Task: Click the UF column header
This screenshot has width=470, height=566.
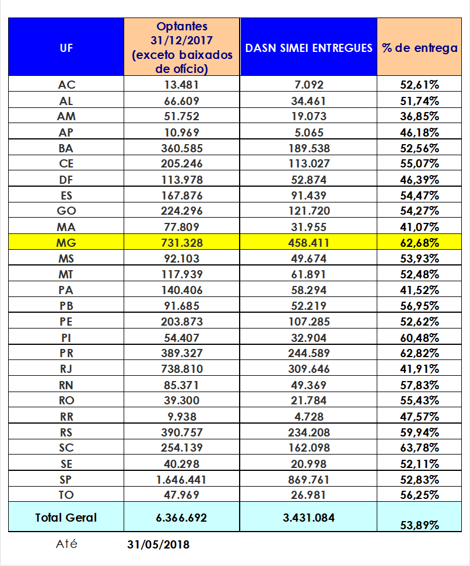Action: click(x=66, y=48)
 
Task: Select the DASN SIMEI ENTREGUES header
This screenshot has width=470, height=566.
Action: click(x=308, y=48)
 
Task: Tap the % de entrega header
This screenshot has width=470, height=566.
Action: click(x=419, y=48)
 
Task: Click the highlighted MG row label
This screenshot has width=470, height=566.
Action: click(x=66, y=242)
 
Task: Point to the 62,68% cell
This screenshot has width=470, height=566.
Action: click(x=419, y=242)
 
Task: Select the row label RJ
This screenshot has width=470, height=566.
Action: click(x=66, y=369)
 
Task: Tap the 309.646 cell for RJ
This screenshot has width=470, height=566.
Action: click(x=308, y=369)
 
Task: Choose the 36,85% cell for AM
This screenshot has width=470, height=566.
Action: click(x=419, y=116)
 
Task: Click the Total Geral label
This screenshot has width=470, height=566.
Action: click(x=66, y=517)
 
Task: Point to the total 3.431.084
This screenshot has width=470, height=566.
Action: click(x=308, y=517)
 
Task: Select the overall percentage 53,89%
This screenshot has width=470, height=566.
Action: click(x=419, y=525)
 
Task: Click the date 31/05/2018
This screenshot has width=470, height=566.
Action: click(x=158, y=545)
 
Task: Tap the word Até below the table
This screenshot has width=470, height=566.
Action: click(x=66, y=544)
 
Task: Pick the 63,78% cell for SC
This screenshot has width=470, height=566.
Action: click(x=419, y=448)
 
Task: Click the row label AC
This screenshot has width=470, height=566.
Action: click(x=66, y=85)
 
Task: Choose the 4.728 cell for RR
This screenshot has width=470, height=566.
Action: click(x=308, y=417)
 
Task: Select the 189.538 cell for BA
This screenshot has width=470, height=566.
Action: click(x=308, y=148)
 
